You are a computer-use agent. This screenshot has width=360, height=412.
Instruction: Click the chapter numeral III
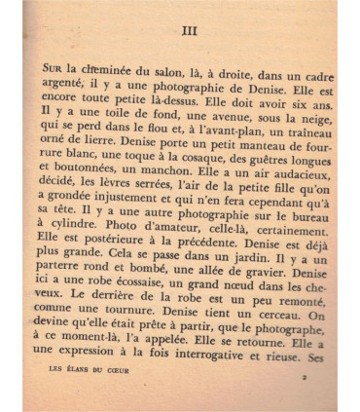tap(189, 30)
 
